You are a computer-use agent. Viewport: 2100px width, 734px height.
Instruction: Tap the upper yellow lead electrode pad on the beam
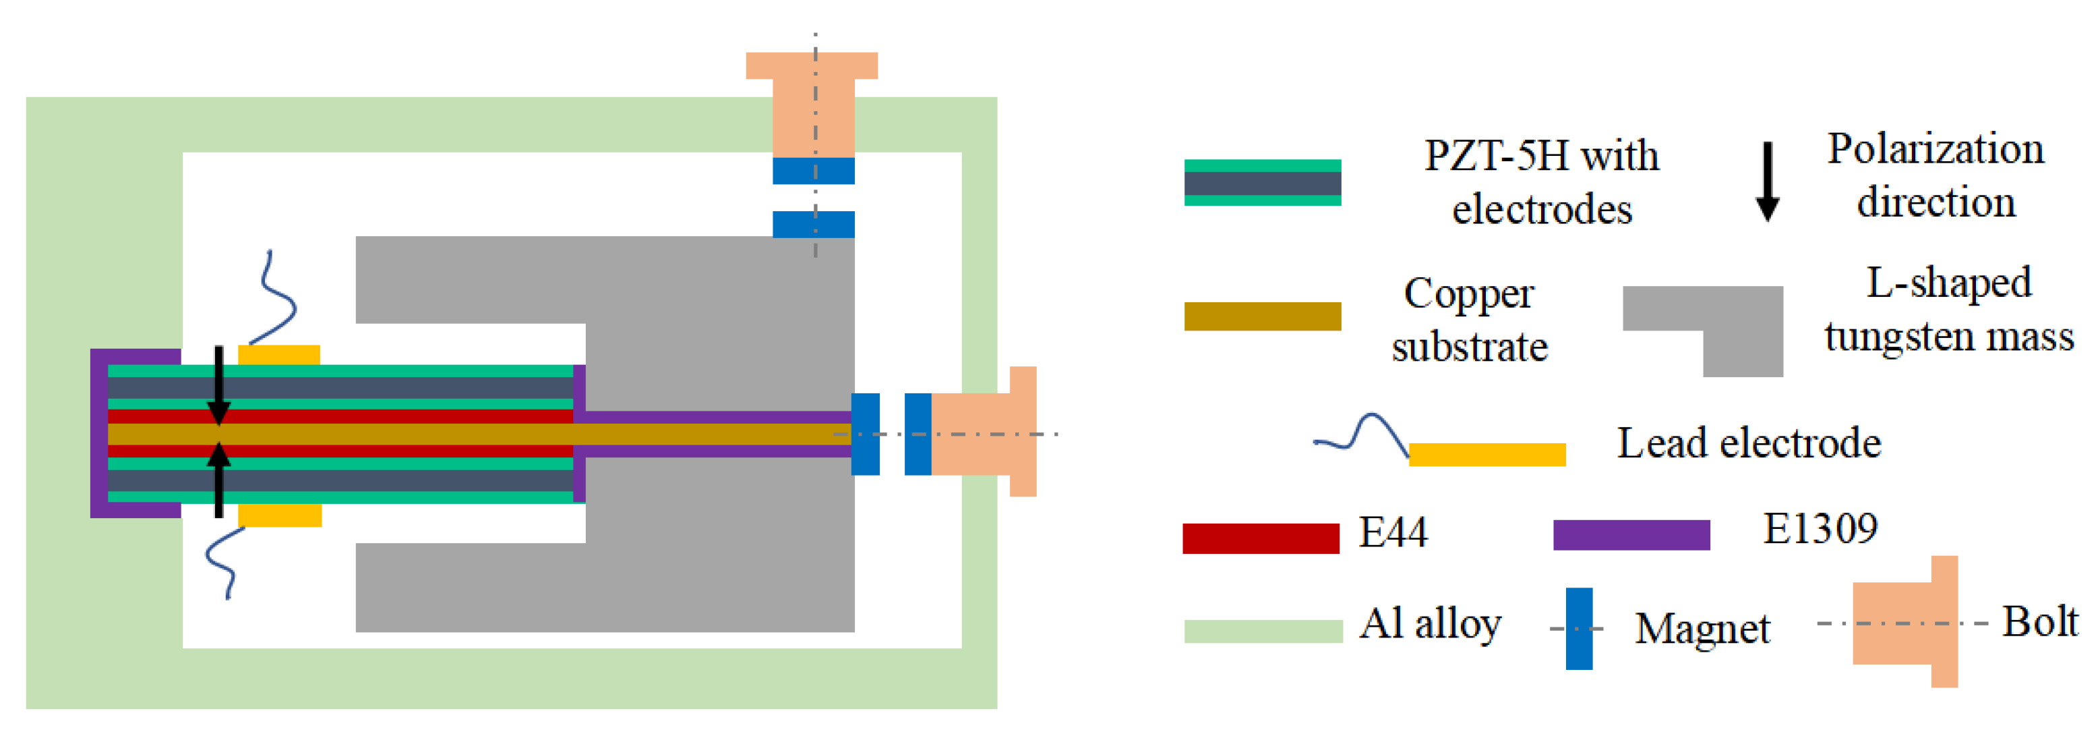[x=279, y=355]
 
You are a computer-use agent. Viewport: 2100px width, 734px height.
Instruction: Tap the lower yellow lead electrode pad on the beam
[x=280, y=515]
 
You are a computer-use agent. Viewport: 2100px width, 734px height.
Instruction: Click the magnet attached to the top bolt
[x=814, y=171]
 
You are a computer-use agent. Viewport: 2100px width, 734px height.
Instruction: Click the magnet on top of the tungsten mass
[x=814, y=224]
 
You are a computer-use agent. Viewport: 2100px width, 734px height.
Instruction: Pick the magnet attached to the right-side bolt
[x=918, y=434]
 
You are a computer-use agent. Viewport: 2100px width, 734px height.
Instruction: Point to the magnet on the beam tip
[x=865, y=434]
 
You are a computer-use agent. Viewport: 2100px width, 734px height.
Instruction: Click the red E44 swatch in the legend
[x=1260, y=538]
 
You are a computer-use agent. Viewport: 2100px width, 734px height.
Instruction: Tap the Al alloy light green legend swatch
[x=1263, y=631]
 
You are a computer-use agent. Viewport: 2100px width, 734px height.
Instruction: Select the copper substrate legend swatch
[x=1262, y=316]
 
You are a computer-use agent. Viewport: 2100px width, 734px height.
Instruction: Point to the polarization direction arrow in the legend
[x=1766, y=181]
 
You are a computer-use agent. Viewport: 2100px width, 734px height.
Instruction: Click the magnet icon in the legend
[x=1578, y=629]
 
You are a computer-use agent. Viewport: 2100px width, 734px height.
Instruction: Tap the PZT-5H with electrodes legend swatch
[x=1262, y=183]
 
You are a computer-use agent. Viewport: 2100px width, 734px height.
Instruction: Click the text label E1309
[x=1820, y=530]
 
